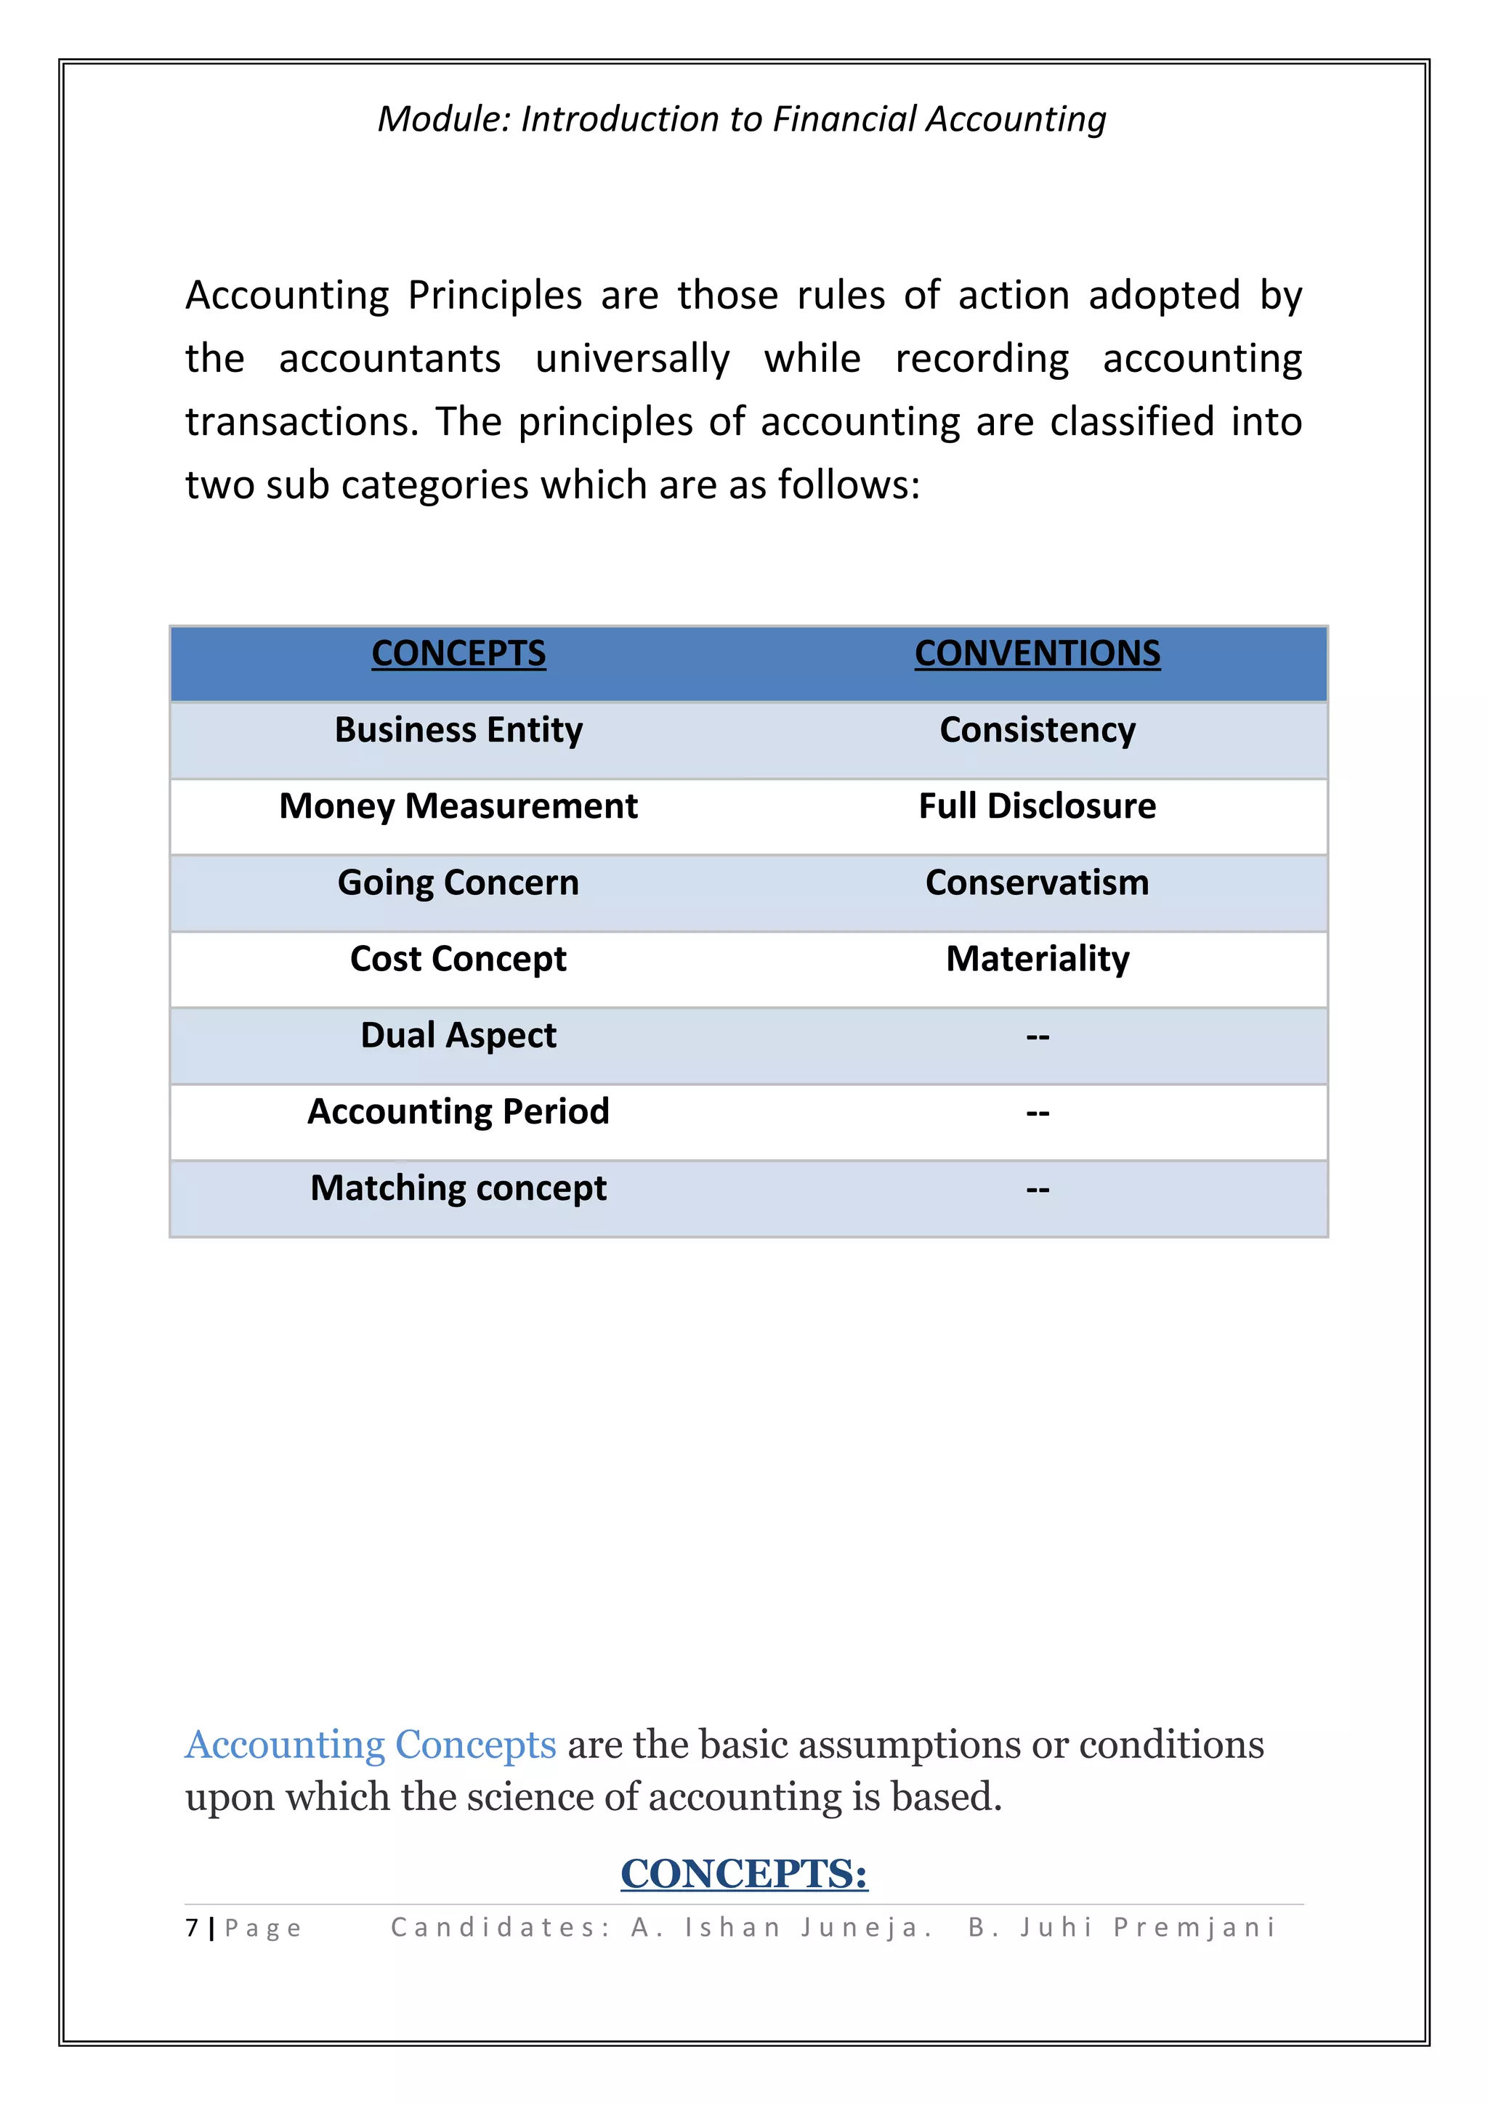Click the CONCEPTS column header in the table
click(458, 654)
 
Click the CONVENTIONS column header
click(1037, 654)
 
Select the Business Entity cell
click(458, 730)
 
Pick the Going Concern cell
click(458, 882)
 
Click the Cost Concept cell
click(458, 959)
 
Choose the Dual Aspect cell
click(458, 1035)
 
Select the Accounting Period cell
click(458, 1111)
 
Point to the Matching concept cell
click(458, 1188)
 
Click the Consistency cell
click(1037, 730)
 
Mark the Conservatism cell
click(1037, 882)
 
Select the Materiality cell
click(1037, 959)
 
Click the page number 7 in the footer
click(192, 1927)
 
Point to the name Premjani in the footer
click(1194, 1927)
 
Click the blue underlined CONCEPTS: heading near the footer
click(743, 1873)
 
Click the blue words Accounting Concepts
click(371, 1745)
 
